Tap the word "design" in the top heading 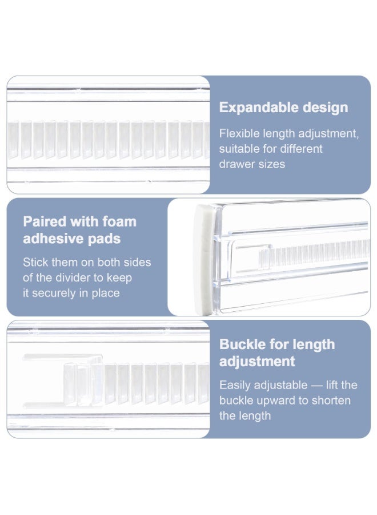point(325,108)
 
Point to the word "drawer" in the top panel point(237,164)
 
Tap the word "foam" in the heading point(119,221)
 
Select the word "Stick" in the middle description point(35,262)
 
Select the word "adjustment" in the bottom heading point(257,362)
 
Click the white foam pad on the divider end point(203,259)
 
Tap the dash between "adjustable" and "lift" point(316,385)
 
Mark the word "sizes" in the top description point(272,164)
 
